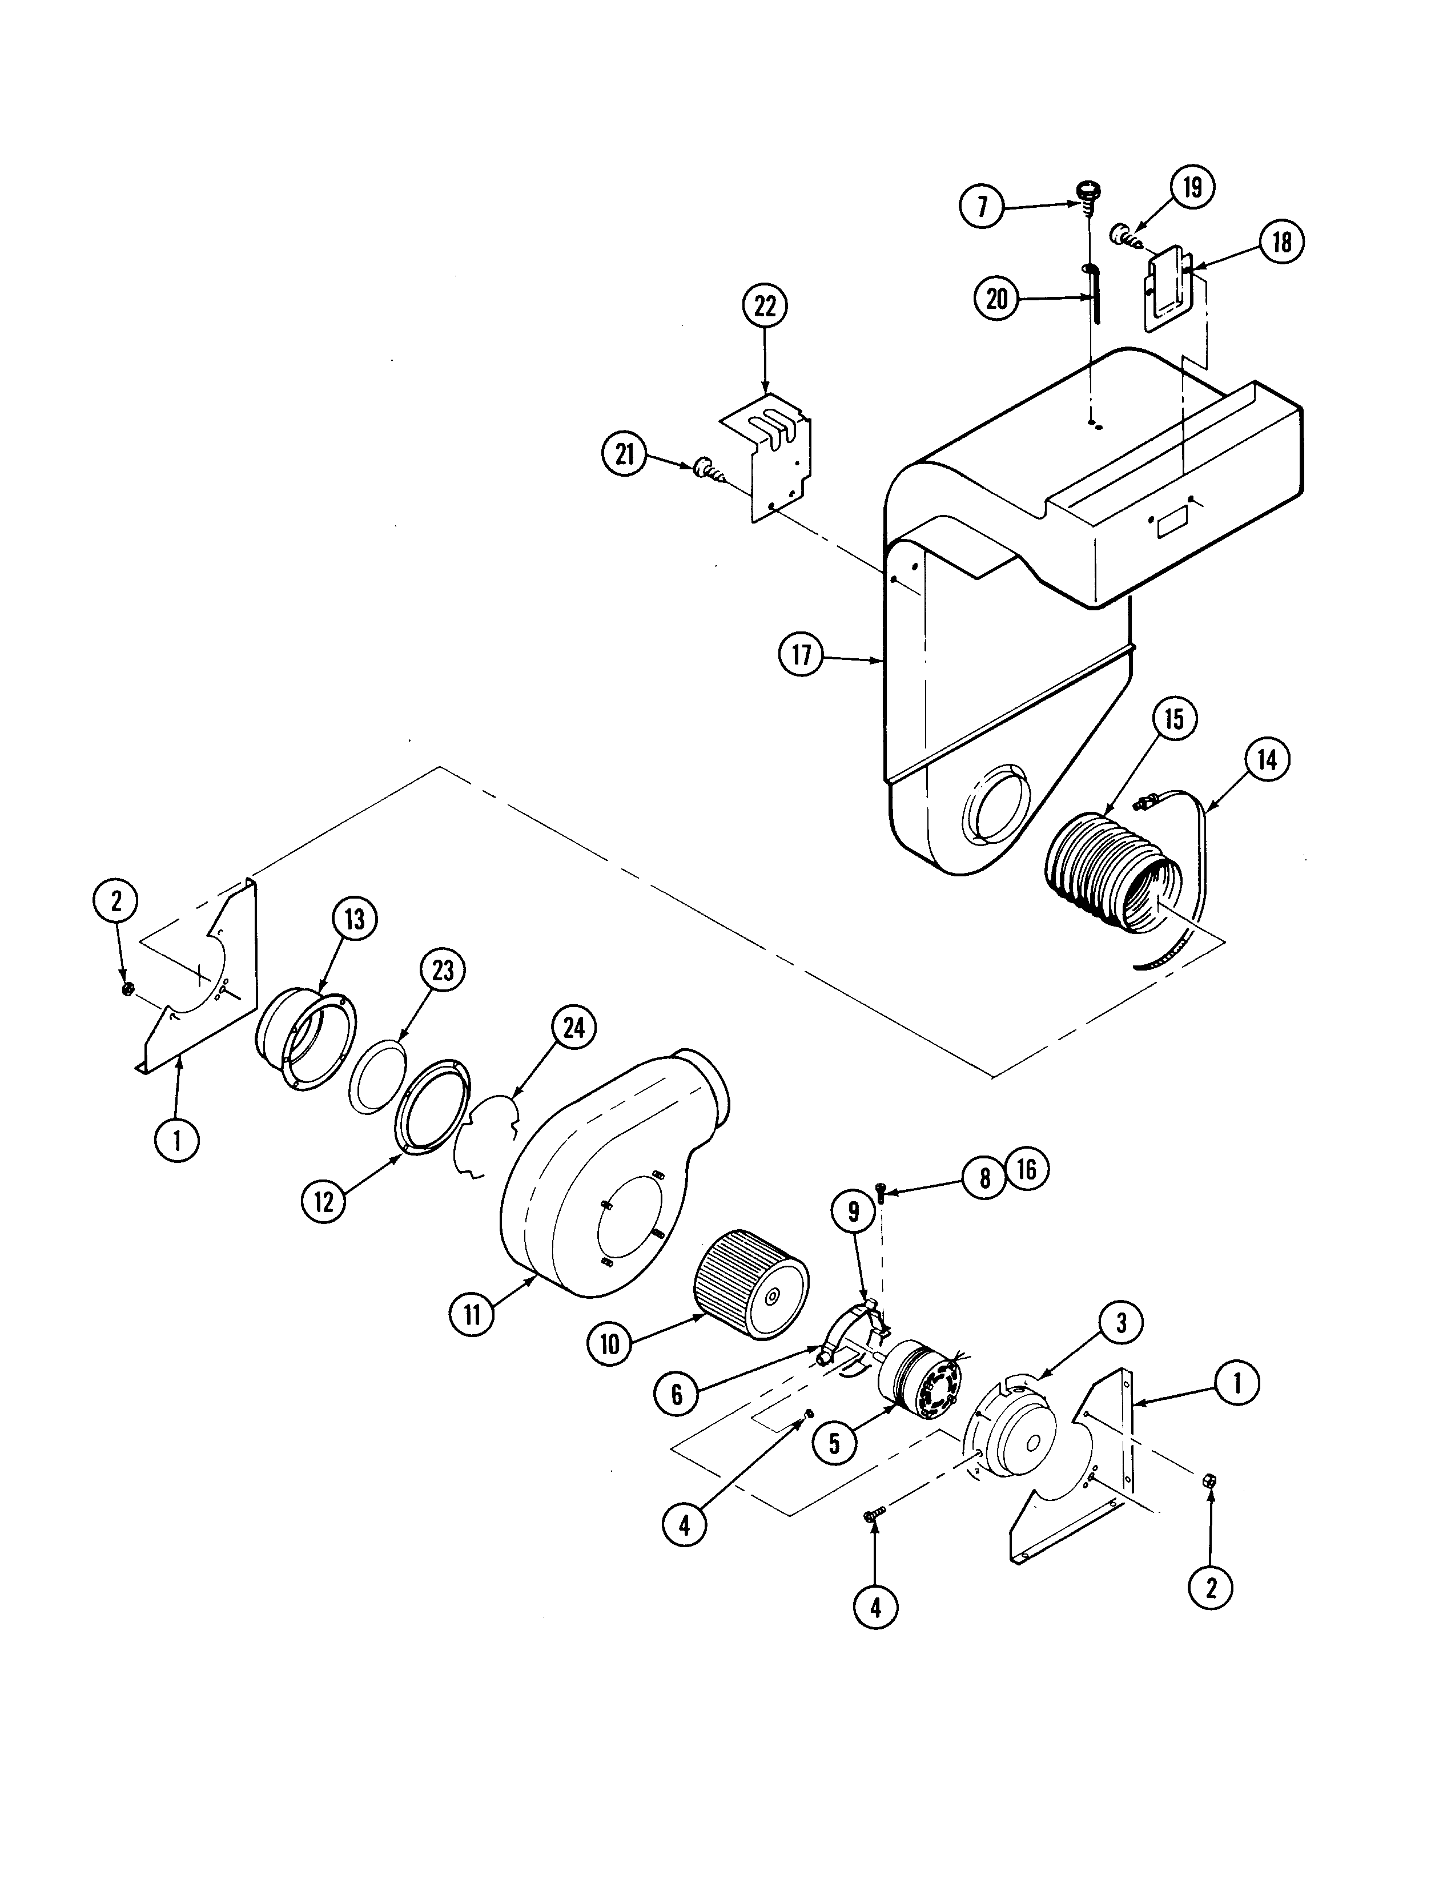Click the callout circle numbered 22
tap(765, 307)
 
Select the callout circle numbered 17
tap(801, 656)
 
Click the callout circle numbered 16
tap(1026, 1169)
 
